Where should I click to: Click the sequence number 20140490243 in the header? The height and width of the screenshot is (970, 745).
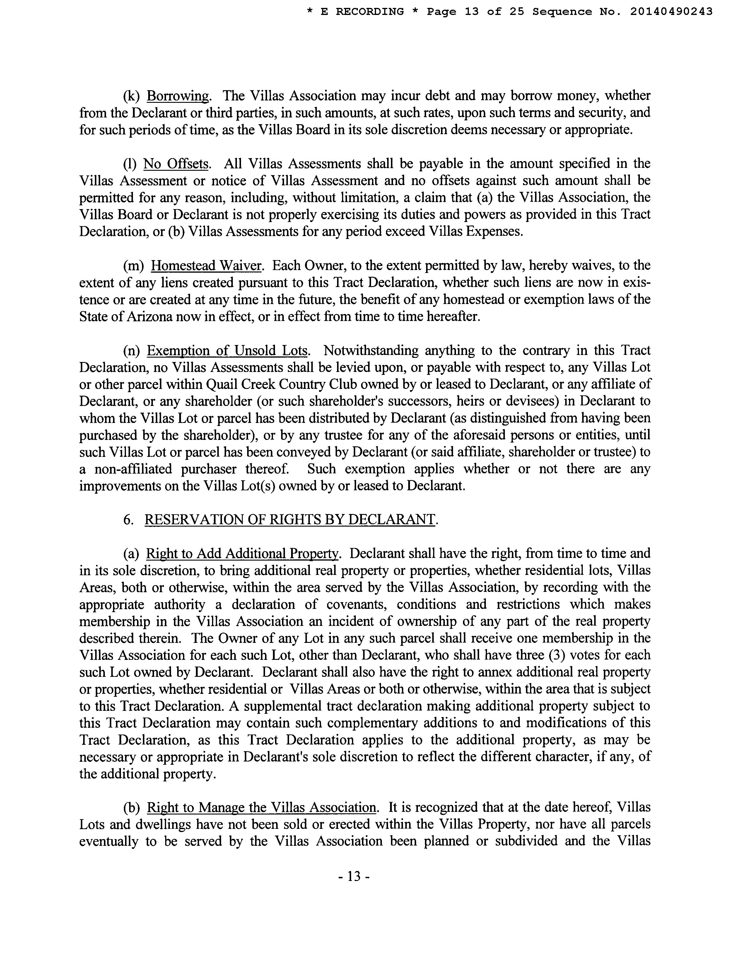click(x=671, y=11)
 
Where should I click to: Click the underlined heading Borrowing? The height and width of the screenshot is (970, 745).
click(x=177, y=96)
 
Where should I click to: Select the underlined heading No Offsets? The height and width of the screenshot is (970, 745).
click(x=176, y=164)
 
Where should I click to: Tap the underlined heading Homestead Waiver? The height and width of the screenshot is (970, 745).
click(x=207, y=266)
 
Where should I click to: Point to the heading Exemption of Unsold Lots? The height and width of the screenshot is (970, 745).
click(x=227, y=351)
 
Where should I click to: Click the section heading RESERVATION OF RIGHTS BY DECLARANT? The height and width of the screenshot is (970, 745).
click(x=290, y=519)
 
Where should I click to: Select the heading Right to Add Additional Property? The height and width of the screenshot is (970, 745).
click(x=242, y=554)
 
